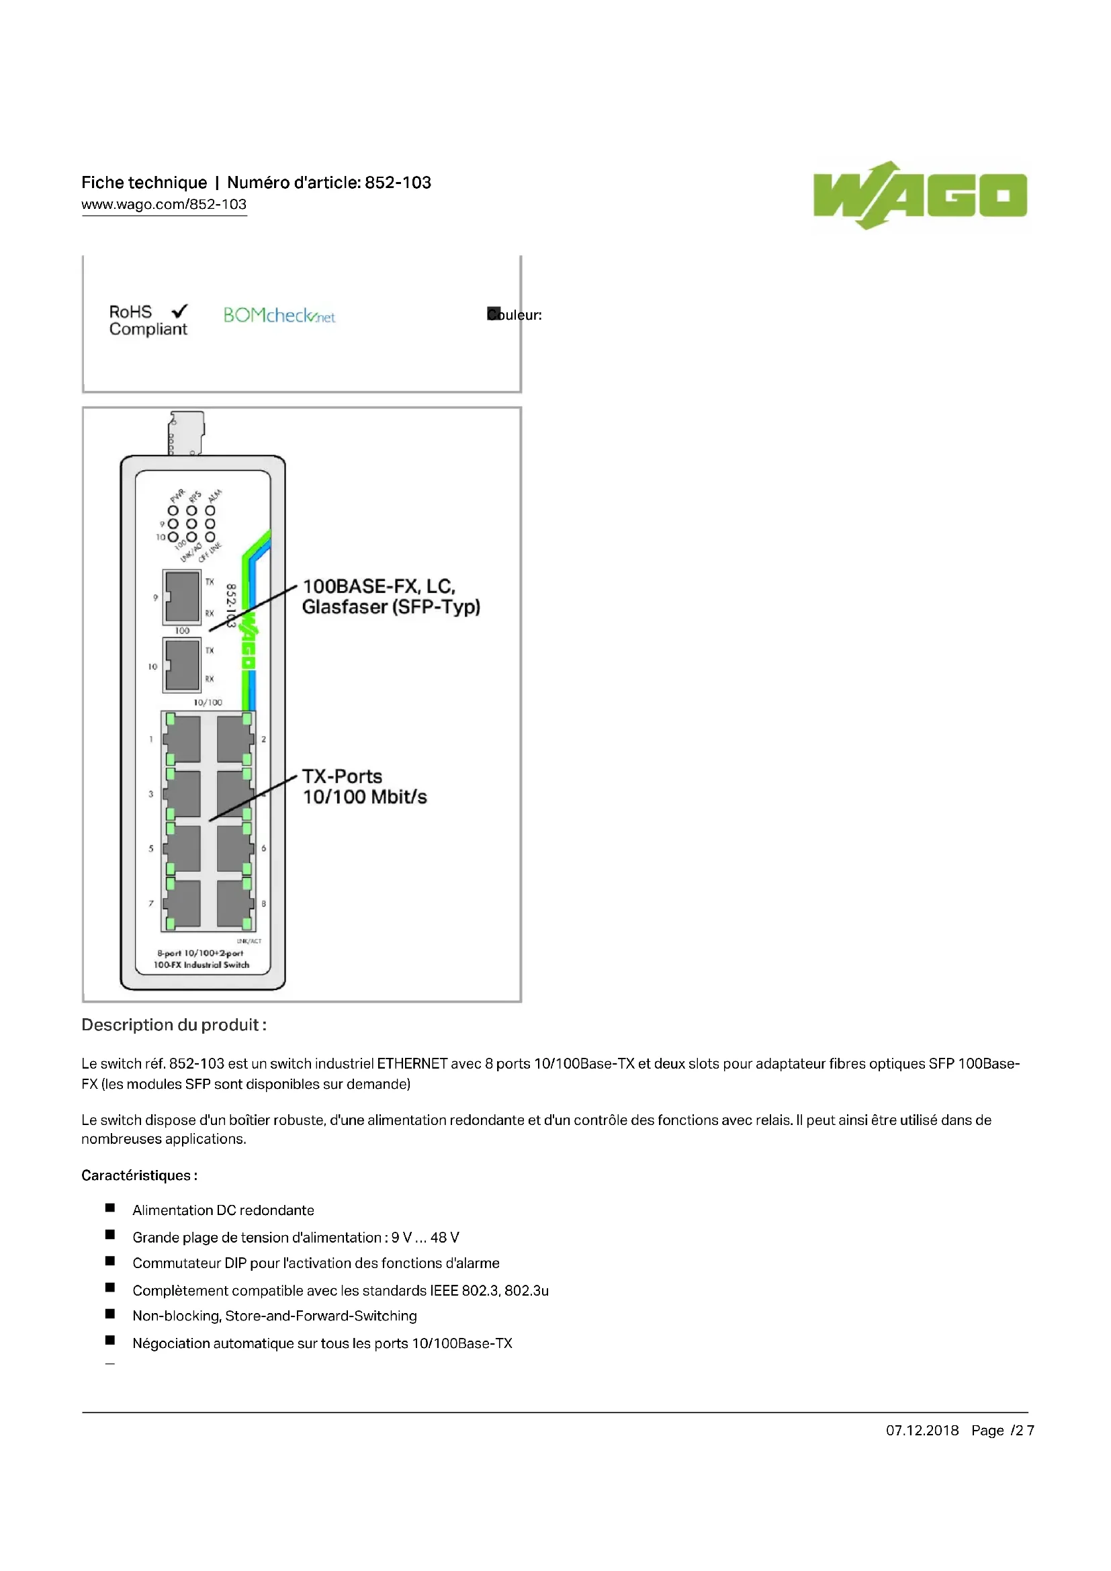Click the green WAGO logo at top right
(920, 195)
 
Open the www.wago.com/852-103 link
(163, 205)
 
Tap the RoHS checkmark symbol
(180, 312)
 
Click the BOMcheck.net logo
(279, 316)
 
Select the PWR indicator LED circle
(173, 510)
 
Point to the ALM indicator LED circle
(210, 510)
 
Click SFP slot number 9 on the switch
(181, 596)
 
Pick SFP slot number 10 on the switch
(182, 665)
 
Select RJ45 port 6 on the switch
(234, 848)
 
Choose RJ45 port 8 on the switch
(234, 903)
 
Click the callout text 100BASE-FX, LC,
(378, 586)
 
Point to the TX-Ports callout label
(342, 776)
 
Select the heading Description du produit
(174, 1025)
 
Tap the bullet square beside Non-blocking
(110, 1314)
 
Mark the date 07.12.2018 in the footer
(922, 1431)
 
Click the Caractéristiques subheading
(139, 1175)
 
